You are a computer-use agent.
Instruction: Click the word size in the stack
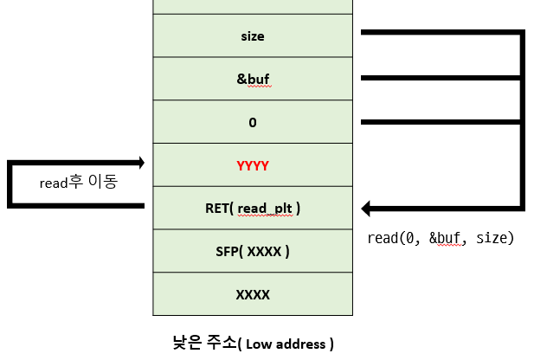tap(253, 36)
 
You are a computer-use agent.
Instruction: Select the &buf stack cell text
tap(253, 79)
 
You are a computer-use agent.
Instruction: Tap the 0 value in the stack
tap(253, 122)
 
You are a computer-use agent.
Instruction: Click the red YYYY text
tap(253, 164)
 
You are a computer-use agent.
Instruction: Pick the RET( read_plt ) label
tap(253, 208)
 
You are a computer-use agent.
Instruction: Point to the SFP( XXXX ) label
tap(253, 251)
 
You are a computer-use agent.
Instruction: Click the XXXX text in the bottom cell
tap(253, 294)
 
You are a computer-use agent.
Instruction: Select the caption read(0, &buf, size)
tap(441, 238)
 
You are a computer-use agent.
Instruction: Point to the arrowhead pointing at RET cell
tap(367, 208)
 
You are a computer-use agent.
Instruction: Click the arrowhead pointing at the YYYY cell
tap(138, 162)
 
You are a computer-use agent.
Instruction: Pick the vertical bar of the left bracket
tap(10, 183)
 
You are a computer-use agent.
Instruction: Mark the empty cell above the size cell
tap(253, 7)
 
